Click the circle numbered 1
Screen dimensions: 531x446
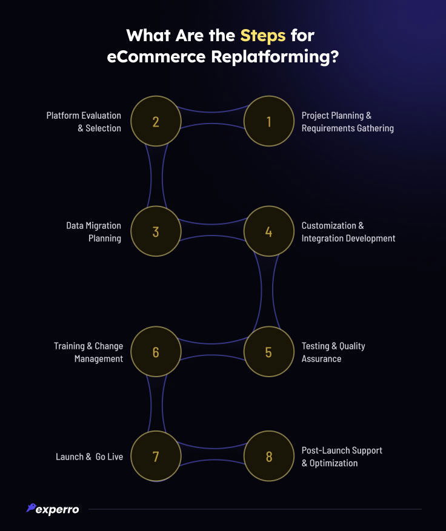tap(268, 122)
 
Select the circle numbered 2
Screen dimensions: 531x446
tap(156, 122)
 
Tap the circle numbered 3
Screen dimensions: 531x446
tap(156, 231)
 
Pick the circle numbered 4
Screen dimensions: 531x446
tap(268, 231)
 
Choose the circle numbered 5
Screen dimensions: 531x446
tap(268, 352)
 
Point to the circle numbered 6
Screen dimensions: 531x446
tap(156, 352)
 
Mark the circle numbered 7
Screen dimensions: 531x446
tap(156, 456)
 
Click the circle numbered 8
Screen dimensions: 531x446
tap(268, 456)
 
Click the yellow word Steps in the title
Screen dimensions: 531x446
tap(262, 35)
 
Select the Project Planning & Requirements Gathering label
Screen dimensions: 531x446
tap(347, 122)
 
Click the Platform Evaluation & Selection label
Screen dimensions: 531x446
tap(84, 122)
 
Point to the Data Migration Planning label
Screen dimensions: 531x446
tap(93, 231)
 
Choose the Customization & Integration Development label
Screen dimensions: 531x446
tap(348, 231)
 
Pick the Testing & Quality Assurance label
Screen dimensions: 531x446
tap(333, 352)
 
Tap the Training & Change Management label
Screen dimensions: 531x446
tap(88, 352)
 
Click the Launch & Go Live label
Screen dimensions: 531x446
tap(89, 457)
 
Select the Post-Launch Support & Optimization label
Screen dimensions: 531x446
tap(342, 457)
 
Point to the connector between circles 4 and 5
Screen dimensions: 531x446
tap(269, 292)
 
